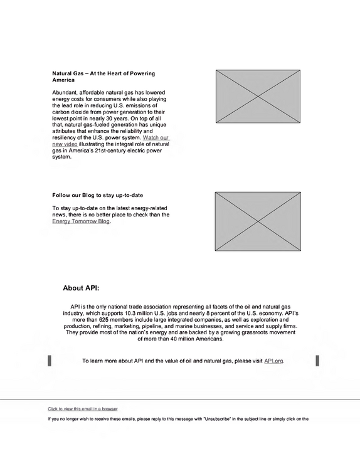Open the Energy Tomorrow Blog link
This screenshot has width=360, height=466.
pos(81,221)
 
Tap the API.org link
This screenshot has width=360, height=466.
pos(273,361)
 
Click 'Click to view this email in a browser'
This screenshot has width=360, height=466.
pos(83,409)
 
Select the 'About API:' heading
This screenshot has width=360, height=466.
pos(81,288)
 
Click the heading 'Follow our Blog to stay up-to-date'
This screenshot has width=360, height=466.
pos(97,195)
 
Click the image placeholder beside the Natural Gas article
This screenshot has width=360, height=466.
pos(258,97)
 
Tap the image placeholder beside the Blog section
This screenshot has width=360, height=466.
pos(258,221)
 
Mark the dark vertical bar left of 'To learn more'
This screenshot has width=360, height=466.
pos(50,361)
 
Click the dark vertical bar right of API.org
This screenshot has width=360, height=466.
pos(317,361)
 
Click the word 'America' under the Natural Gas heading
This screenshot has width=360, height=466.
pos(63,80)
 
